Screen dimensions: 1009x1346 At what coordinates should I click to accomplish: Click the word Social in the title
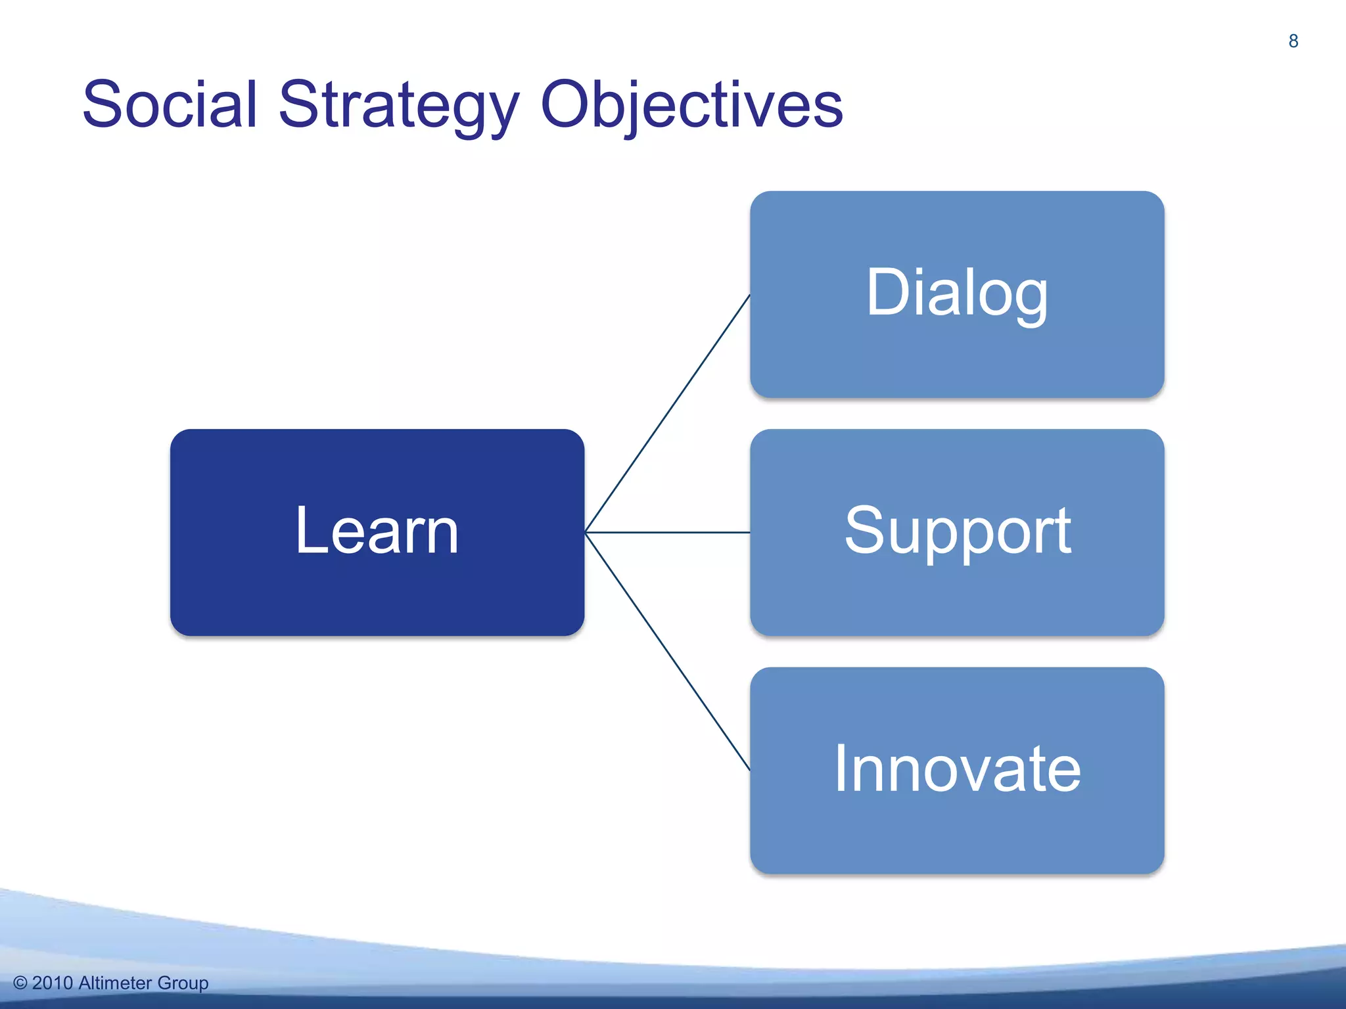click(170, 105)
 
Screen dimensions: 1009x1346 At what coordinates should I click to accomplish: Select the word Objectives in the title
click(691, 105)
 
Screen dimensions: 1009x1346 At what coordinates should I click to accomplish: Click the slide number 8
click(1293, 41)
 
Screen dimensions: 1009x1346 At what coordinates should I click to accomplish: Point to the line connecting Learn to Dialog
click(667, 414)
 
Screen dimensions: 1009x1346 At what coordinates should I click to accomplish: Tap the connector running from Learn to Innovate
click(667, 650)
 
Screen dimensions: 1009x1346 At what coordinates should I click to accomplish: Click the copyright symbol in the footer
click(20, 983)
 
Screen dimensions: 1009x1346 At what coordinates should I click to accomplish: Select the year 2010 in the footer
click(52, 983)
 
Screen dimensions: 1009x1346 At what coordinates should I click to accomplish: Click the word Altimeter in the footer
click(115, 983)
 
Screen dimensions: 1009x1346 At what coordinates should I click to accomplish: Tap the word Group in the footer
click(183, 983)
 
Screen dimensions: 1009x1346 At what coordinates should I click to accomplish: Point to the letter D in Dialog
click(887, 293)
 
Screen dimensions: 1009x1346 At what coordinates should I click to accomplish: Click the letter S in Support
click(864, 531)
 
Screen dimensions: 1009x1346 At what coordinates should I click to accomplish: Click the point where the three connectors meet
click(586, 532)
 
